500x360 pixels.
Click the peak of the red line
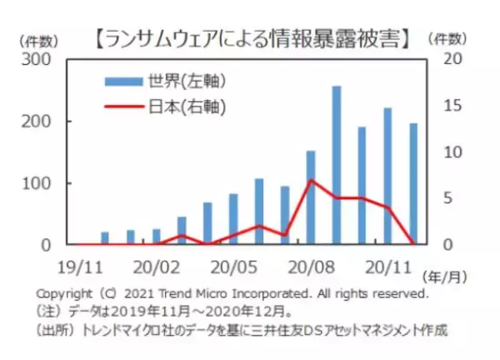pyautogui.click(x=311, y=180)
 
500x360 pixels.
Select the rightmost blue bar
pyautogui.click(x=413, y=184)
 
